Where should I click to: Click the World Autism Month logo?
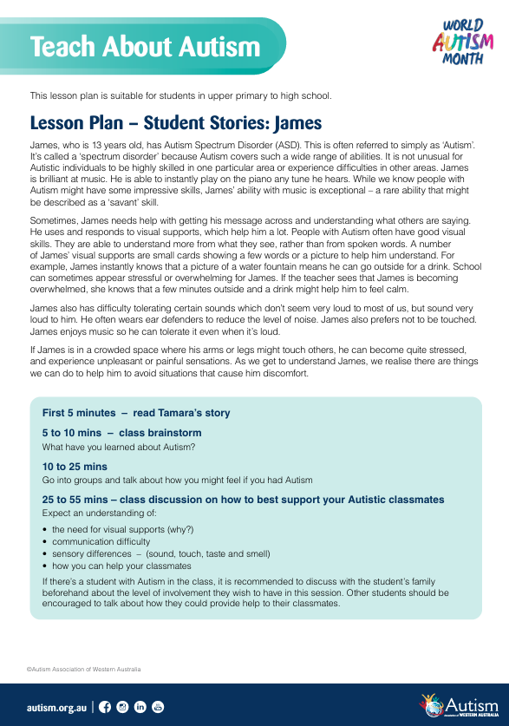(462, 43)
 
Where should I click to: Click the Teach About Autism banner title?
(152, 47)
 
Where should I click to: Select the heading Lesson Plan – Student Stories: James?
(176, 121)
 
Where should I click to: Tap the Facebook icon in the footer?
(106, 707)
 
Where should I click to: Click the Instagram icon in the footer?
(123, 707)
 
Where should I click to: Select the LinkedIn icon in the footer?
(140, 707)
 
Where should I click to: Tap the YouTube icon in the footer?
(158, 707)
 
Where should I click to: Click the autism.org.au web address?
(56, 708)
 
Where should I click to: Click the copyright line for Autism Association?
(83, 670)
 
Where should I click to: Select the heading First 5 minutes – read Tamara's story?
(136, 413)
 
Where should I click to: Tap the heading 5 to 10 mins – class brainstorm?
(121, 432)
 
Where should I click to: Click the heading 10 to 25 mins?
(75, 466)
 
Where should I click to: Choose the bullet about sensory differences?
(160, 553)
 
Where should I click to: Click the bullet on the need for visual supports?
(122, 529)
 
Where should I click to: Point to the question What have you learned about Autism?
(119, 447)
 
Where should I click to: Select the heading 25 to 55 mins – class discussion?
(243, 500)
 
